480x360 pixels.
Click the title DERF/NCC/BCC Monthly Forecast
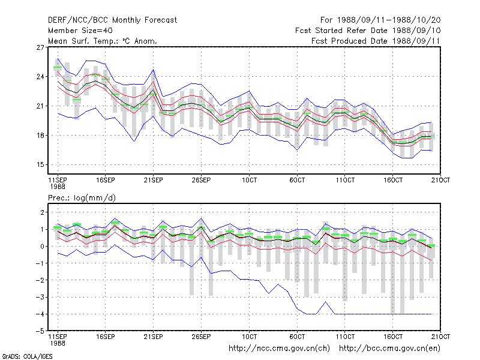(x=112, y=20)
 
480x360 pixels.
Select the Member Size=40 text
(x=80, y=31)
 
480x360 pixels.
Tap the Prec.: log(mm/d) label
(x=82, y=198)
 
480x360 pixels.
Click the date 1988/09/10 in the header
(x=416, y=31)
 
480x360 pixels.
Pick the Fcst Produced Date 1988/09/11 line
(x=376, y=41)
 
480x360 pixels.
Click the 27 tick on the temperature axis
(x=40, y=47)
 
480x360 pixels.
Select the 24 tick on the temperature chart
(x=40, y=77)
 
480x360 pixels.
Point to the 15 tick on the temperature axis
(x=40, y=164)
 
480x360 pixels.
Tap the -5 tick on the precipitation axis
(x=40, y=331)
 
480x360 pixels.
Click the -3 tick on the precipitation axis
(x=40, y=297)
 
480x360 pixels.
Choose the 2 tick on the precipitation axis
(x=42, y=212)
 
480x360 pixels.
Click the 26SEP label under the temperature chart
(x=201, y=181)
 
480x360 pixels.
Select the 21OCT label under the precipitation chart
(x=440, y=337)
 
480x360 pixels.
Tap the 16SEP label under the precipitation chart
(x=106, y=337)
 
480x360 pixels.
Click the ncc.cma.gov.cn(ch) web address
(x=279, y=349)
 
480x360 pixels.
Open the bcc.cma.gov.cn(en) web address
(x=389, y=349)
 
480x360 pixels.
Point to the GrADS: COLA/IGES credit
(x=28, y=356)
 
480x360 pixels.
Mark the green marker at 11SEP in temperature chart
(x=58, y=67)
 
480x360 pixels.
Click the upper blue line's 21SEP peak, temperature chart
(x=154, y=70)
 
